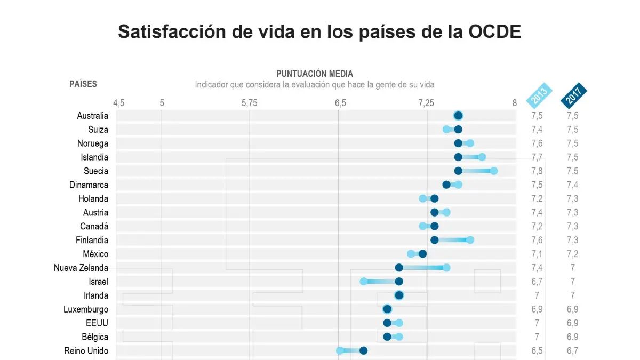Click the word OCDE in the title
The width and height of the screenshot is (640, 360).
click(x=494, y=31)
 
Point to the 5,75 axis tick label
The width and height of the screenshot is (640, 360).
click(x=249, y=103)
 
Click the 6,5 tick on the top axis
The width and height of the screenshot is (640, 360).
click(x=340, y=103)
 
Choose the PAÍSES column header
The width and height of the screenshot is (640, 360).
click(x=83, y=84)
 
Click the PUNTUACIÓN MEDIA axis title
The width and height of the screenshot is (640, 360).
click(x=315, y=74)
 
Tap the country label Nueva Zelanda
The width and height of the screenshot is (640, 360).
click(x=81, y=268)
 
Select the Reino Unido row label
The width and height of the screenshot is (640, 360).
click(x=86, y=351)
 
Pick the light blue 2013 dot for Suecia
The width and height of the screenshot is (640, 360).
click(x=494, y=171)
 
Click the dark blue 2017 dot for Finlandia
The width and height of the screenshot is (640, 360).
click(x=435, y=240)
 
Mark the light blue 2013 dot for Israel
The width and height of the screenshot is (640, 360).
click(x=364, y=282)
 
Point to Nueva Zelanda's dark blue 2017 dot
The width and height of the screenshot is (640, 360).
click(x=399, y=268)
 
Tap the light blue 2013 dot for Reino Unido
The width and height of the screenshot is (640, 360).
click(x=340, y=351)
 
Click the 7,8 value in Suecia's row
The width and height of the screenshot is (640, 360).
click(x=537, y=171)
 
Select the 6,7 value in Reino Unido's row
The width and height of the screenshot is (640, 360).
click(x=572, y=351)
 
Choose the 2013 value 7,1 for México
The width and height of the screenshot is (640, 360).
click(x=537, y=254)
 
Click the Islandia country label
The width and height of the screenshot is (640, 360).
click(x=95, y=157)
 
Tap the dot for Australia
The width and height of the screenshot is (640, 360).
click(x=458, y=116)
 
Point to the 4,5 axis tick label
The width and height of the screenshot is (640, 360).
click(x=118, y=103)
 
